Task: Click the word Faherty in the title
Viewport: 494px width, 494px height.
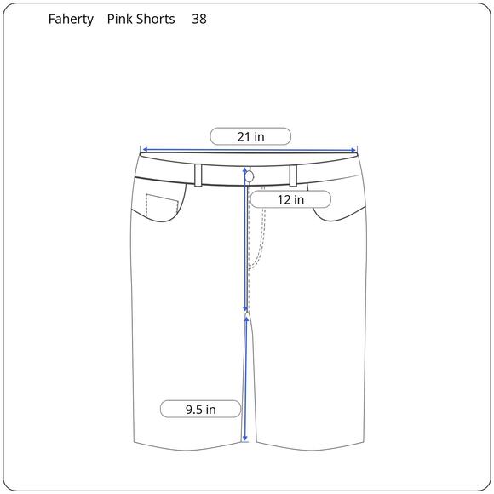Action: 71,19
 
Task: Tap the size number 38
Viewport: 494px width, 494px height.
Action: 198,19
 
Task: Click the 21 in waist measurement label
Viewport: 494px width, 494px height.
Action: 250,136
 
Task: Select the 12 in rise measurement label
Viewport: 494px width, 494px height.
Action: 290,199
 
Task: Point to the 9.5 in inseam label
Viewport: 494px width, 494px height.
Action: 200,410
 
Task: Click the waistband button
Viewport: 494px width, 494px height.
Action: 250,175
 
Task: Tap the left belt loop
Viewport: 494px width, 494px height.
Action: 198,175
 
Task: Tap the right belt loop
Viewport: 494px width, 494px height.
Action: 292,175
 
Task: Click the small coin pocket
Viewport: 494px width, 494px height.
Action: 161,209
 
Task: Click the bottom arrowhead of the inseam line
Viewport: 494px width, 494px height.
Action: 245,439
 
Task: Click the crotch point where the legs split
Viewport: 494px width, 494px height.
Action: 247,313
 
